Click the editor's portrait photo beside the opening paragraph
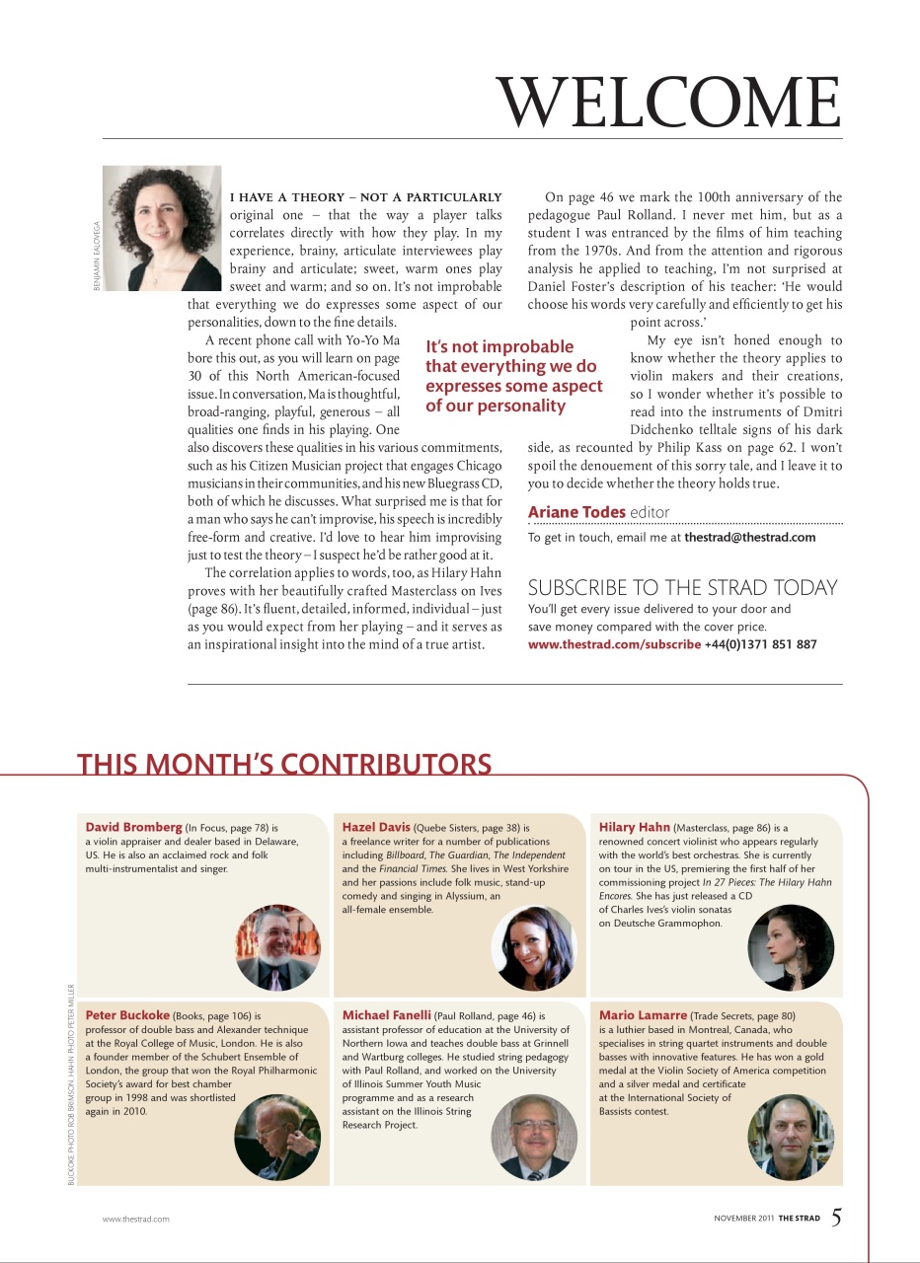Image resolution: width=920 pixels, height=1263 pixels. coord(162,228)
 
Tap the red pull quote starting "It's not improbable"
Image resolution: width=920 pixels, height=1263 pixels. coord(513,376)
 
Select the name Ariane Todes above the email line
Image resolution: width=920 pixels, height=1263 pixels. coord(576,511)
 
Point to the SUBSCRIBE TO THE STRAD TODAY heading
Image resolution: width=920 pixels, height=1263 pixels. coord(682,587)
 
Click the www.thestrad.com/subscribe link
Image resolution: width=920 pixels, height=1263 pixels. coord(614,644)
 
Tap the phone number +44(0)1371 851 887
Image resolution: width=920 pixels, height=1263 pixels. coord(760,644)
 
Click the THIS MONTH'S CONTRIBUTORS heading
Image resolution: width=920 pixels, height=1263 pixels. coord(284,765)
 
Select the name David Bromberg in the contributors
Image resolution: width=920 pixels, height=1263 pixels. coord(133,827)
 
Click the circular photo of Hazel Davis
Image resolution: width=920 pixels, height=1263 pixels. coord(533,948)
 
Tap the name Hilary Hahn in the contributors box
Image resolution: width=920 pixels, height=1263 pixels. coord(635,827)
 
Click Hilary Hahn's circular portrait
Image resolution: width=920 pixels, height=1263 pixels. coord(791,947)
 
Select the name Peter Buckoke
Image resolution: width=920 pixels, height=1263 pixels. coord(128,1014)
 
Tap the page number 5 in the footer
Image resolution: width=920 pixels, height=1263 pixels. coord(835,1217)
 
